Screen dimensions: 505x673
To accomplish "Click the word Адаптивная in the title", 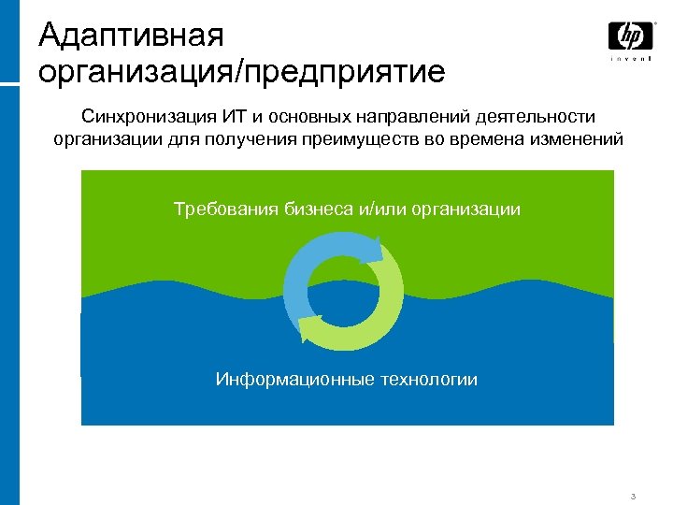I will click(x=132, y=36).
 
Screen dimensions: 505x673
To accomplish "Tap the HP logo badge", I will click(x=631, y=36).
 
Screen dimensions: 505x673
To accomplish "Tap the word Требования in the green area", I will click(x=218, y=209).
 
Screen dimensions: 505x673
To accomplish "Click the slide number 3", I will click(x=633, y=496).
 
